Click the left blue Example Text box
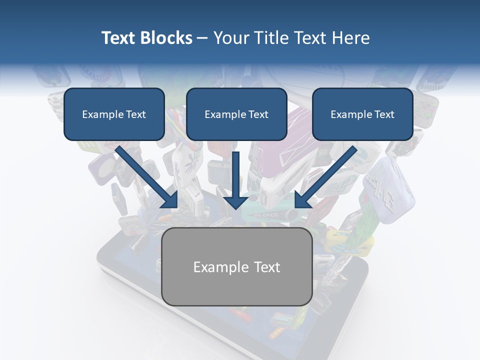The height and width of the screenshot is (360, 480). pos(114,114)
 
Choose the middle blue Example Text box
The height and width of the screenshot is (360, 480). pos(236,114)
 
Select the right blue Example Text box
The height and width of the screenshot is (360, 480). pos(362,114)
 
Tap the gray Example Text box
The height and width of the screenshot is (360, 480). pos(236,266)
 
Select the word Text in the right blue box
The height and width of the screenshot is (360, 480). pos(384,114)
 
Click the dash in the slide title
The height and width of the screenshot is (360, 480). pos(202,38)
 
